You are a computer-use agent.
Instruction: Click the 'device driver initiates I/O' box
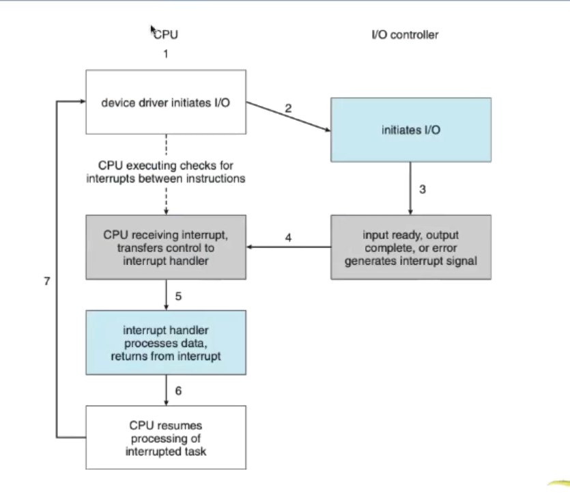coord(166,102)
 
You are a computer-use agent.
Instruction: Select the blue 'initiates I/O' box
coord(411,130)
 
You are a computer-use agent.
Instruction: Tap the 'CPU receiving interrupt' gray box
coord(166,247)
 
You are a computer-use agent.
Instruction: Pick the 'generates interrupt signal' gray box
coord(411,247)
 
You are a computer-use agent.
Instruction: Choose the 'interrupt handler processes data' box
coord(166,343)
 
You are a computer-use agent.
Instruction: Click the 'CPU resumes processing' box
coord(166,438)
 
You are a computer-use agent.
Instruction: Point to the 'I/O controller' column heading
coord(405,35)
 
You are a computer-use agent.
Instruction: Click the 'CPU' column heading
coord(166,35)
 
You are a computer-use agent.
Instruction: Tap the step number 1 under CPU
coord(166,54)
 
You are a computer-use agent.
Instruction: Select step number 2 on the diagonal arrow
coord(288,109)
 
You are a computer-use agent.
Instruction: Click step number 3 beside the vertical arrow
coord(423,189)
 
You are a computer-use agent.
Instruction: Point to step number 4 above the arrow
coord(288,238)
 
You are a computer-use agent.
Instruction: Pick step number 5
coord(178,296)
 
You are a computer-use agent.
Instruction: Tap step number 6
coord(178,391)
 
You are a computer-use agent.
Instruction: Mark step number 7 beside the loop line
coord(47,281)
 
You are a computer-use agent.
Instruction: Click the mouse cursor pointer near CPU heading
coord(153,30)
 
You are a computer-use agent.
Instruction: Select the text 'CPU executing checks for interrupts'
coord(166,172)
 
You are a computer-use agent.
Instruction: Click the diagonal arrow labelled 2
coord(288,116)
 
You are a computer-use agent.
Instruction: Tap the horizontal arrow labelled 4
coord(289,247)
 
